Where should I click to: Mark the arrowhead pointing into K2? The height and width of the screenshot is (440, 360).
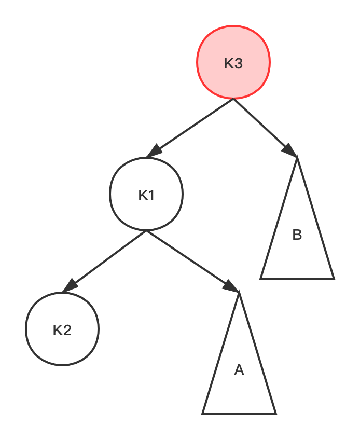pos(69,286)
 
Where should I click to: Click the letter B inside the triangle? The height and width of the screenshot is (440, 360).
pos(297,235)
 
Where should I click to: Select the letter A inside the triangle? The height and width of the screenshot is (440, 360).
pos(239,370)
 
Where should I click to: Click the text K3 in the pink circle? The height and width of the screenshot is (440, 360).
pos(233,64)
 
